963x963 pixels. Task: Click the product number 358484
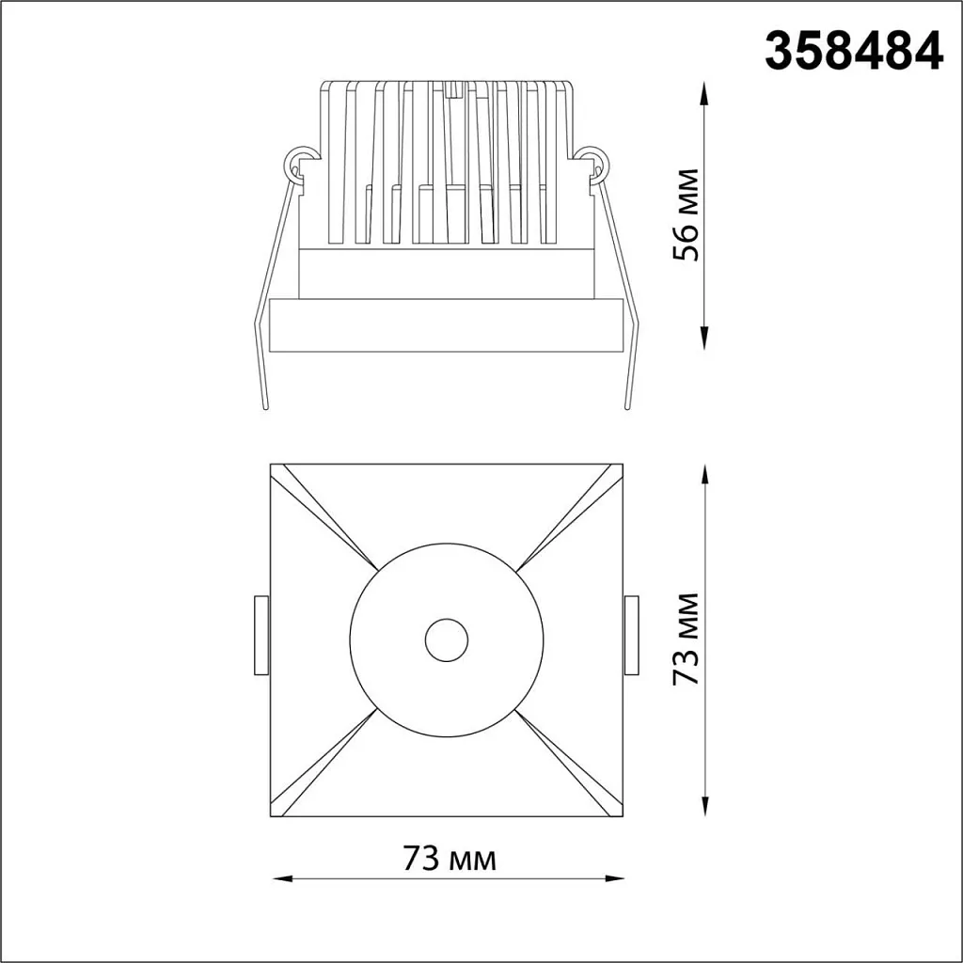(853, 52)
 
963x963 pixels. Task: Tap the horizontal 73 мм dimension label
(449, 859)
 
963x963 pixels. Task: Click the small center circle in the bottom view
(446, 641)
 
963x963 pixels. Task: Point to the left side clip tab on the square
(261, 635)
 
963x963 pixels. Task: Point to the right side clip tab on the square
(631, 635)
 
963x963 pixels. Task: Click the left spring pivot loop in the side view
(299, 163)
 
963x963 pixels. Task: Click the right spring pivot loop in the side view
(593, 163)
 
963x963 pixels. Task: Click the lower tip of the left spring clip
(266, 406)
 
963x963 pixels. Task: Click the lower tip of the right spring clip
(625, 406)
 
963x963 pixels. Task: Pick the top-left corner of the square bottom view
(271, 465)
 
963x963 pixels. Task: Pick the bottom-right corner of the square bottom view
(624, 815)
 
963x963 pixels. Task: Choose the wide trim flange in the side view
(446, 325)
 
